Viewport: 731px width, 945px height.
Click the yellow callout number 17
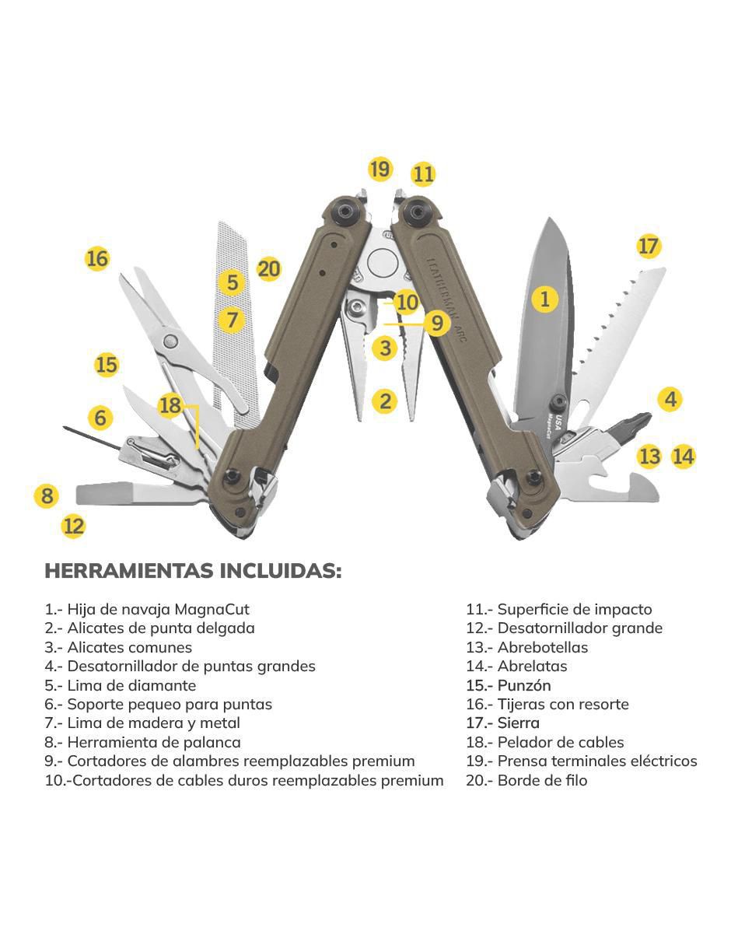click(x=648, y=246)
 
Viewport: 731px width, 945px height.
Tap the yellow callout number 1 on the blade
click(x=544, y=299)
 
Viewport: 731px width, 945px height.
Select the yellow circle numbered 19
click(x=380, y=169)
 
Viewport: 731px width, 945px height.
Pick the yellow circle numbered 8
click(x=47, y=495)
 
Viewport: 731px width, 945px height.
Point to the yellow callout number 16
click(x=97, y=259)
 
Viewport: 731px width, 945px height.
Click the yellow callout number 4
click(x=670, y=399)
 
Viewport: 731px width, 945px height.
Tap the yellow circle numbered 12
click(x=73, y=527)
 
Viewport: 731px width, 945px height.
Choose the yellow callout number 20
click(x=269, y=269)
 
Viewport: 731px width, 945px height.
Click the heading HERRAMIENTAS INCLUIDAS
click(x=193, y=571)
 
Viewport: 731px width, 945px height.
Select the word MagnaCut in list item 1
click(x=212, y=609)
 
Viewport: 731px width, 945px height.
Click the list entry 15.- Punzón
click(x=509, y=685)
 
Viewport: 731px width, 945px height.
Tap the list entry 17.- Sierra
click(x=503, y=723)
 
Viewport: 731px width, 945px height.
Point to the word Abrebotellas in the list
click(x=542, y=647)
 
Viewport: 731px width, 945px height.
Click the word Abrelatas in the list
click(x=532, y=666)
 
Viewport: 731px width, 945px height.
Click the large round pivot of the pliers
click(x=383, y=263)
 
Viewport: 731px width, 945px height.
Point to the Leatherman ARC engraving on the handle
click(x=447, y=299)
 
